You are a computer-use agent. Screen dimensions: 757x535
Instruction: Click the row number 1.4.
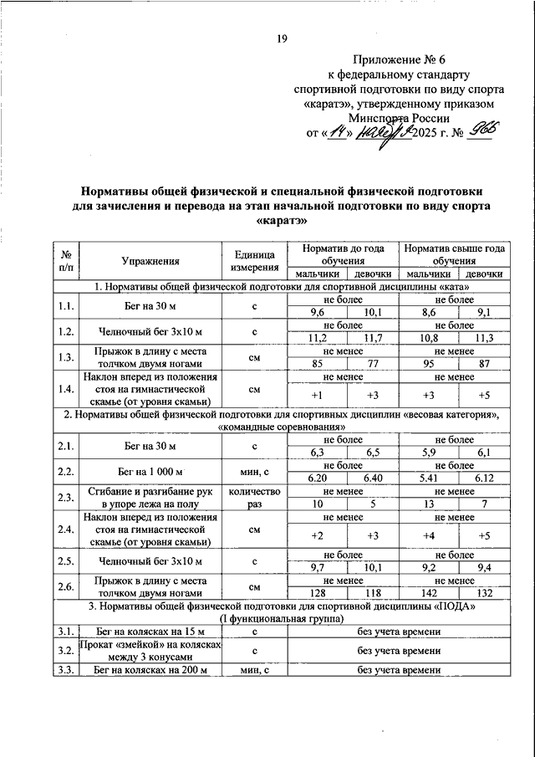[66, 389]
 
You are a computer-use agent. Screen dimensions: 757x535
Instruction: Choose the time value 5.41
[426, 478]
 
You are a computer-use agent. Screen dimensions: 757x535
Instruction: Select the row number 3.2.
[66, 650]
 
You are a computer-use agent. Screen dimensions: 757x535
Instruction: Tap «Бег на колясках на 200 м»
[150, 670]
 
